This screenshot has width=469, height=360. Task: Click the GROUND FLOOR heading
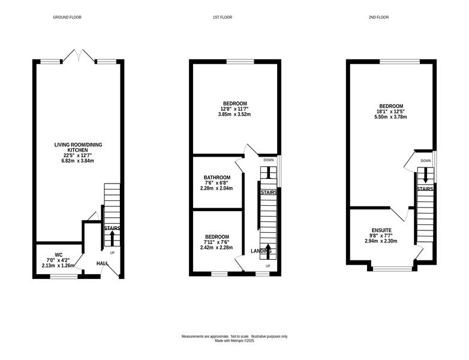(67, 17)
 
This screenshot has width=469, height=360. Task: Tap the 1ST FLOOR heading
(223, 17)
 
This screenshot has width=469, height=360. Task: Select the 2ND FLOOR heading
(378, 17)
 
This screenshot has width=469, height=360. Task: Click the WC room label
(59, 255)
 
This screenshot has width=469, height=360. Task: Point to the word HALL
(103, 263)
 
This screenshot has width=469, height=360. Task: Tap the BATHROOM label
(217, 178)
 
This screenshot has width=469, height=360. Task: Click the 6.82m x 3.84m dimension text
(78, 161)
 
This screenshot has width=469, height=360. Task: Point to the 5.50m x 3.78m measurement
(390, 117)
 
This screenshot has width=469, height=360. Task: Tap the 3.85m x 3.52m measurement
(235, 114)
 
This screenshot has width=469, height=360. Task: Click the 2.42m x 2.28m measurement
(217, 247)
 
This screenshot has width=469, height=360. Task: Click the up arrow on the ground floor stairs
(112, 238)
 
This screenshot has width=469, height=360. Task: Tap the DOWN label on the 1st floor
(269, 160)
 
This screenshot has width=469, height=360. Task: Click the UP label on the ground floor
(112, 253)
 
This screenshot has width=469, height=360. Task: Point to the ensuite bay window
(392, 269)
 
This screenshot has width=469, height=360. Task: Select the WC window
(64, 277)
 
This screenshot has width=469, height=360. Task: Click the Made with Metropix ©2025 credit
(235, 341)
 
